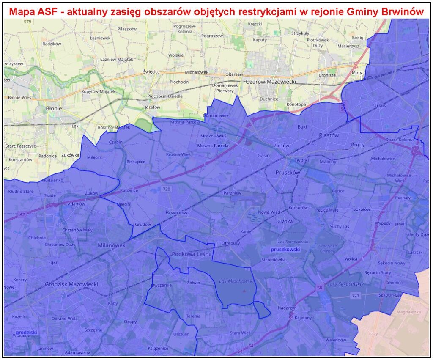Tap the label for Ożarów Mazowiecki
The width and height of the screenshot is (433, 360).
(x=271, y=81)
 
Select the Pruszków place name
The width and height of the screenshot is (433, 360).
(x=288, y=173)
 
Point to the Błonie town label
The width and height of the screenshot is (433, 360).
(x=54, y=108)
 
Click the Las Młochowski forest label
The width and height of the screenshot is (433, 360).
(x=236, y=281)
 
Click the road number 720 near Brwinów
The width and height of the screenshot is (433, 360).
(x=166, y=189)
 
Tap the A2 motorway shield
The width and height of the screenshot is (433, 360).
(x=22, y=215)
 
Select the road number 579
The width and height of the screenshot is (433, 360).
(x=28, y=22)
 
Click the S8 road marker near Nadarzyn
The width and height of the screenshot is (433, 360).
(x=321, y=288)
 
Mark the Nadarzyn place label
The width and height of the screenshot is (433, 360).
(x=287, y=308)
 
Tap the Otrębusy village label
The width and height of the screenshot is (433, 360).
(x=231, y=243)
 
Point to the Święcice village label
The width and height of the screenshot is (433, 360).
(x=151, y=72)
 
